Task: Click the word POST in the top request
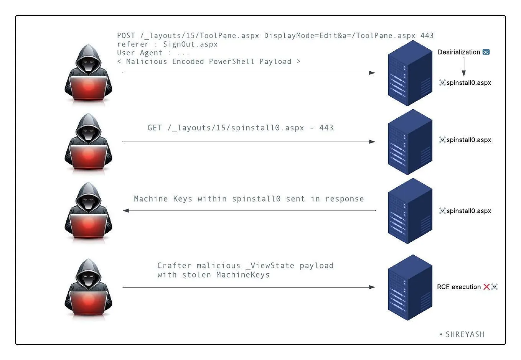point(126,36)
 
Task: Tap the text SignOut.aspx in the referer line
point(190,44)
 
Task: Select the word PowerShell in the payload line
point(231,62)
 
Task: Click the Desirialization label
point(459,52)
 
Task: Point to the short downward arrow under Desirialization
point(464,67)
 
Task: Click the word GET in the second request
point(155,128)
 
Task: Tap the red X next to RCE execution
point(486,287)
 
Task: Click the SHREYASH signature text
point(465,335)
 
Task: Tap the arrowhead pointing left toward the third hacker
point(126,210)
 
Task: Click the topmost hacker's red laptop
point(88,88)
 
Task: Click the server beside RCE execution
point(410,287)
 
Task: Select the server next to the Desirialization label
point(410,73)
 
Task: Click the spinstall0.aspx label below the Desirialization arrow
point(468,83)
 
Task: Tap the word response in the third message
point(344,199)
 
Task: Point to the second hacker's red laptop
point(88,157)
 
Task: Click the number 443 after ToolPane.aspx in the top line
point(427,36)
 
